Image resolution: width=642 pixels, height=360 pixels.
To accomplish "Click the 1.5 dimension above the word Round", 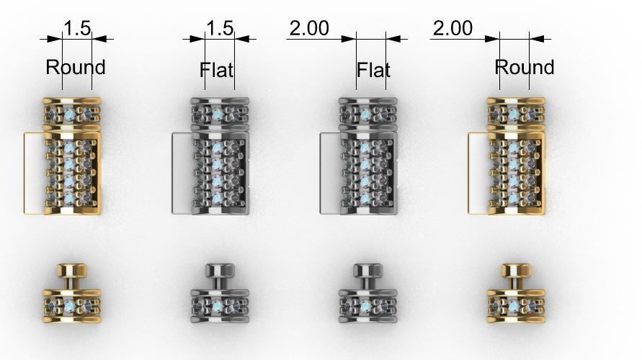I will [77, 29].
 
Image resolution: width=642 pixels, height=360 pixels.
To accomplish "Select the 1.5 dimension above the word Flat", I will [220, 29].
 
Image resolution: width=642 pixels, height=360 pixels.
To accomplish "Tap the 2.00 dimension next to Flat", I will [309, 28].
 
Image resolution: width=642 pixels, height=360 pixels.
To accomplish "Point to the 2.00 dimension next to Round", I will [452, 28].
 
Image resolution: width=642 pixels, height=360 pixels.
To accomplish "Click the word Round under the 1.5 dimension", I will [76, 68].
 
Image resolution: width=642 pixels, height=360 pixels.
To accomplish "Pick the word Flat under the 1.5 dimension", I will [217, 70].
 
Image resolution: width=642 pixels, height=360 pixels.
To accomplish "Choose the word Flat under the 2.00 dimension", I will [373, 70].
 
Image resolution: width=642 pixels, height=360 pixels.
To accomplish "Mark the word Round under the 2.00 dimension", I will [525, 68].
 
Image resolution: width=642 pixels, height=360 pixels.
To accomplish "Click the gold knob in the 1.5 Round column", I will [72, 274].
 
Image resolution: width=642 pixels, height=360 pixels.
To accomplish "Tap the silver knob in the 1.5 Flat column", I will [219, 274].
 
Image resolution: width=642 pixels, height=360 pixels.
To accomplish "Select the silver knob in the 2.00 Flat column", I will [367, 274].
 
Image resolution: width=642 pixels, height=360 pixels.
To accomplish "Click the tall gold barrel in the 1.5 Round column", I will [72, 173].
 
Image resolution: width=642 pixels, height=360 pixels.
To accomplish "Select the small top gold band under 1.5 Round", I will [72, 112].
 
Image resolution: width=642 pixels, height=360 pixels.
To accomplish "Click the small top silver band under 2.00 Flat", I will [367, 112].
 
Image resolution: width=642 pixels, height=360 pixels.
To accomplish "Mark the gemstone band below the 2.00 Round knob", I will [514, 305].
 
